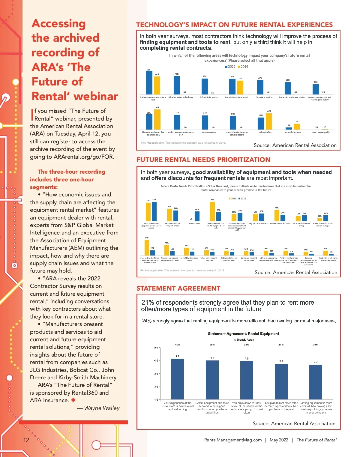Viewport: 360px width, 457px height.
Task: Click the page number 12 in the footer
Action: click(x=26, y=440)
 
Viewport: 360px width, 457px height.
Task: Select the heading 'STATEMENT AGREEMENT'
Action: click(x=178, y=288)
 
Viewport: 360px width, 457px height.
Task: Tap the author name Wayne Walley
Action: click(x=102, y=408)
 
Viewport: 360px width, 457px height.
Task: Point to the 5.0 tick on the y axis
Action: click(x=156, y=348)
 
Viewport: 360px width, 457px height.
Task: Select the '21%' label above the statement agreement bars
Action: click(x=281, y=345)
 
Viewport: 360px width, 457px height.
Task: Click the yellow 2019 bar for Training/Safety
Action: click(x=269, y=121)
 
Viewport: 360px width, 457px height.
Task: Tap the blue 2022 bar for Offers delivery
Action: click(x=197, y=216)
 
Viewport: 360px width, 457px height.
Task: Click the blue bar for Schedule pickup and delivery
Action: click(x=177, y=85)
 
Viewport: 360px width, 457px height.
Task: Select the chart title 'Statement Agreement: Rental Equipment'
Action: click(x=243, y=334)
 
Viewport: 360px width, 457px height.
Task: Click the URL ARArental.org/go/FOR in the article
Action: click(x=84, y=157)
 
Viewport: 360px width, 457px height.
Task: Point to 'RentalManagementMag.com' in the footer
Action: click(x=233, y=440)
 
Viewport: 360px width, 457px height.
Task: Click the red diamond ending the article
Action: click(x=73, y=400)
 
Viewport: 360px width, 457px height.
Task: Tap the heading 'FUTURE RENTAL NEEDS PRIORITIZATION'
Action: click(x=203, y=160)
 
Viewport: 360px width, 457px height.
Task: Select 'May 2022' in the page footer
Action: click(x=279, y=440)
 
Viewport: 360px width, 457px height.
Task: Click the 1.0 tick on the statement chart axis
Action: click(x=156, y=400)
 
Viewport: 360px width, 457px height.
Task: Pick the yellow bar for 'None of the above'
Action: click(x=297, y=127)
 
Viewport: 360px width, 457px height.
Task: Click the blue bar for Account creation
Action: click(x=205, y=122)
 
